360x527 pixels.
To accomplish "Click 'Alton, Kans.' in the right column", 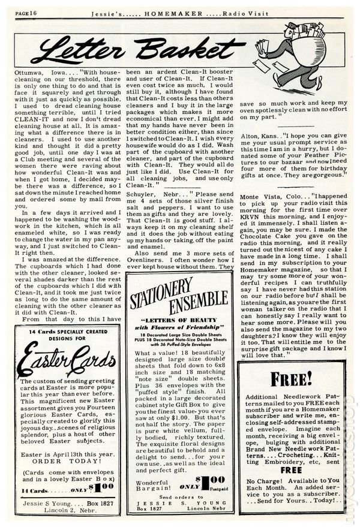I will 257,135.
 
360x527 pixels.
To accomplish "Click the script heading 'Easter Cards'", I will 65,362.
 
